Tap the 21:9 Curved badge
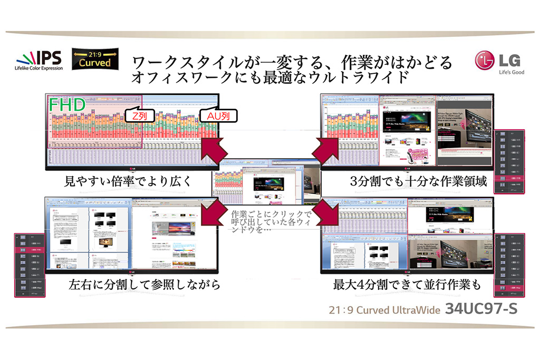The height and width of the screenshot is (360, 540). point(95,59)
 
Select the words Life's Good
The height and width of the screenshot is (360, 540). point(509,72)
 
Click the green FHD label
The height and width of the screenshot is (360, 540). point(67,105)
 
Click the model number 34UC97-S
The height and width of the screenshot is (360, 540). point(481,309)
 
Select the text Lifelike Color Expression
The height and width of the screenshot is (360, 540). point(38,68)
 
